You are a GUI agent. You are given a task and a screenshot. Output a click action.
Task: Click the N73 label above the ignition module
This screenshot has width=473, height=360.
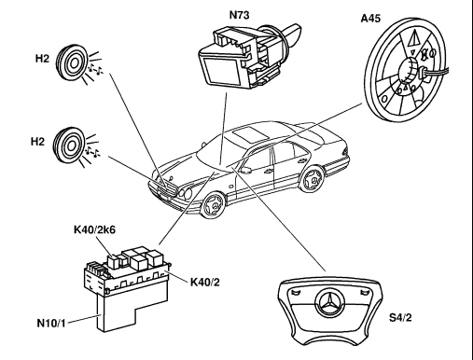tap(239, 15)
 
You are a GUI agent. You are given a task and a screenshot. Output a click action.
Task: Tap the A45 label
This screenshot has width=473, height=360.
tap(370, 19)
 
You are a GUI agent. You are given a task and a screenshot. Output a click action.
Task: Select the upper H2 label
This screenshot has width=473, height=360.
tap(42, 59)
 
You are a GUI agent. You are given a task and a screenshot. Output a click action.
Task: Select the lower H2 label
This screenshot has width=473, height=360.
tap(37, 142)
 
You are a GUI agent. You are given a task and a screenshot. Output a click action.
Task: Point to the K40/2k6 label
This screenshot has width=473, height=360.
tap(94, 229)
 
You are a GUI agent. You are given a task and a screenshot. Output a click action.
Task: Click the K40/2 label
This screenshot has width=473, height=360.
tap(205, 283)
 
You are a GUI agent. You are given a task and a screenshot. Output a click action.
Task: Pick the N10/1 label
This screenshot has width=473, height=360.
tap(51, 323)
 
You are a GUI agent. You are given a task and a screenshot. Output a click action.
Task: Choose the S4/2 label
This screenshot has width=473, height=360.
tap(400, 318)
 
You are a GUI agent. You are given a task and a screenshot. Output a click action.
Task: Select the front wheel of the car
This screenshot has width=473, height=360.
tap(213, 204)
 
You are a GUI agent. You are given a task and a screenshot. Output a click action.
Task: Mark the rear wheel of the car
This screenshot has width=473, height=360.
tap(312, 179)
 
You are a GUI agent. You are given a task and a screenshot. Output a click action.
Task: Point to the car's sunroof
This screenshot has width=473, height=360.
tap(251, 132)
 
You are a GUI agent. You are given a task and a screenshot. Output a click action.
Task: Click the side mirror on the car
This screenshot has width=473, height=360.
tap(245, 170)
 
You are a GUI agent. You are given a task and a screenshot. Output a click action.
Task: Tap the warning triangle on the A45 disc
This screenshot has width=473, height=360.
tap(413, 39)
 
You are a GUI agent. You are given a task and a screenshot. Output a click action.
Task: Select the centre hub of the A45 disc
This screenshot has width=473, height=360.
tap(409, 71)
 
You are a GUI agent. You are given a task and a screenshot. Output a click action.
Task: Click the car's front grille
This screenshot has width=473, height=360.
tap(162, 188)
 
